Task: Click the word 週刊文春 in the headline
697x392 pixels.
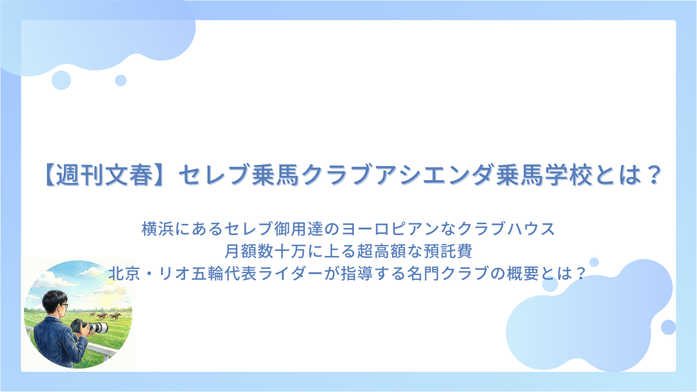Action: coord(105,175)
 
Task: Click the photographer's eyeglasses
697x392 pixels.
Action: coord(64,305)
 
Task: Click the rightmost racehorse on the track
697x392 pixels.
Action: coord(115,316)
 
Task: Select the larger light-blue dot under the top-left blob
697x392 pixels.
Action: coord(62,80)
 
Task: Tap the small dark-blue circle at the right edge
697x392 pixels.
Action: coord(668,327)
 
